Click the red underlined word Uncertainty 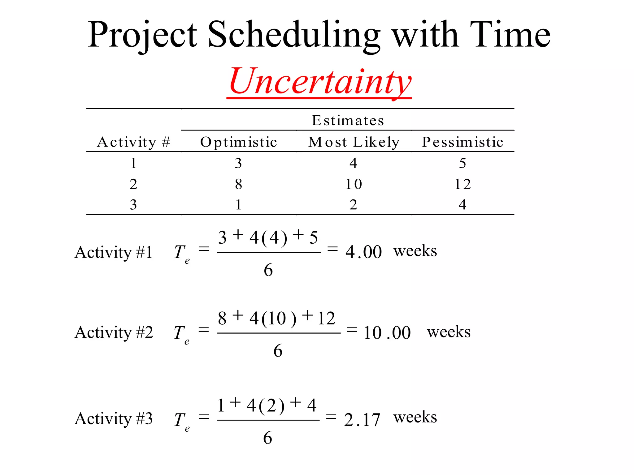click(x=320, y=81)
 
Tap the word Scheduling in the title click(x=293, y=35)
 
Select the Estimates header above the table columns click(x=348, y=120)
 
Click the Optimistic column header click(x=238, y=142)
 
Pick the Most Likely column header click(x=354, y=142)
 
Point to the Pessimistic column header click(x=462, y=142)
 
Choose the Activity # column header click(x=133, y=142)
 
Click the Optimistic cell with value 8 click(x=238, y=184)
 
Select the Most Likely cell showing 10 click(x=354, y=184)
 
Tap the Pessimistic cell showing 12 click(x=462, y=184)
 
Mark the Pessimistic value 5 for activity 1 click(x=462, y=163)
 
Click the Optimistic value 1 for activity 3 click(x=238, y=204)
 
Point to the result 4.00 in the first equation click(x=363, y=252)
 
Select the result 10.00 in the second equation click(x=387, y=333)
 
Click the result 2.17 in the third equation click(x=362, y=420)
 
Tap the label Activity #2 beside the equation click(x=114, y=332)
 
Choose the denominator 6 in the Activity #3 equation click(x=268, y=438)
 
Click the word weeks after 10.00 click(x=449, y=332)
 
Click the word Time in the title click(x=510, y=35)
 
